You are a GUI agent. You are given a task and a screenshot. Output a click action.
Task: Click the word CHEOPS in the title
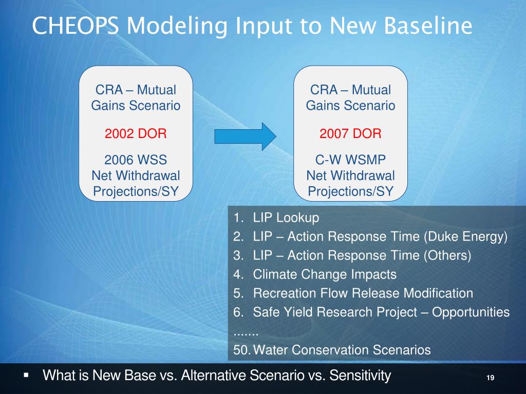[x=75, y=26]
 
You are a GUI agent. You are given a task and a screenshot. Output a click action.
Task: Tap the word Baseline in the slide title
[x=428, y=26]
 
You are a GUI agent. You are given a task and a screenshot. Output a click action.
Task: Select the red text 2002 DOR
[x=136, y=133]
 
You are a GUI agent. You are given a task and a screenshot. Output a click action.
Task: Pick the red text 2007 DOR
[x=350, y=133]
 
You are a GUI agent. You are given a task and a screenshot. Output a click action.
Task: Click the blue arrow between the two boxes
[x=245, y=136]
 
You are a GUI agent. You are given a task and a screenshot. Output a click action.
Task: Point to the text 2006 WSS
[x=136, y=160]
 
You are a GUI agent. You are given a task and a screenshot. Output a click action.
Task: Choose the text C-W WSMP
[x=350, y=160]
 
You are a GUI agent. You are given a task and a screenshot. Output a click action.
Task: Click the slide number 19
[x=490, y=378]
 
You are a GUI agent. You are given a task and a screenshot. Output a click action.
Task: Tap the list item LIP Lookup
[x=286, y=218]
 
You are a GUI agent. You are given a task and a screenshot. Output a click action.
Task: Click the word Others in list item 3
[x=447, y=255]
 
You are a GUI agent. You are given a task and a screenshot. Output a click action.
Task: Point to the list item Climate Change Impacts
[x=325, y=274]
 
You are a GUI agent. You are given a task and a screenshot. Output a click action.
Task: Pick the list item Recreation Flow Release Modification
[x=363, y=293]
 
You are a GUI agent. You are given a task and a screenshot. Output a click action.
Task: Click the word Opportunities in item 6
[x=471, y=312]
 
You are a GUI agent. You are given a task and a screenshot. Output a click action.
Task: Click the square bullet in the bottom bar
[x=26, y=375]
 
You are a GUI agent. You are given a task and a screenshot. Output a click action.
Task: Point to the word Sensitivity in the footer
[x=360, y=376]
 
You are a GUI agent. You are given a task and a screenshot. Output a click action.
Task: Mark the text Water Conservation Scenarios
[x=342, y=350]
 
